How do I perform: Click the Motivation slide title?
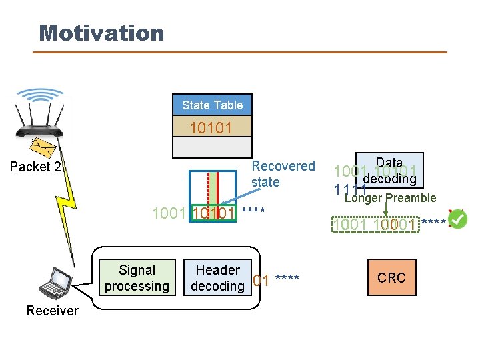click(101, 33)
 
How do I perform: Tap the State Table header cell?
click(212, 105)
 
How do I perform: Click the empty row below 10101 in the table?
click(212, 147)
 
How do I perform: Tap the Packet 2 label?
click(35, 167)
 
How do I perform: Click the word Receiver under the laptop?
click(52, 311)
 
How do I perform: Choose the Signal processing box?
click(137, 278)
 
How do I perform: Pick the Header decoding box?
click(217, 278)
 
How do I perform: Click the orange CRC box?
click(391, 278)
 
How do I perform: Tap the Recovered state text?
click(283, 174)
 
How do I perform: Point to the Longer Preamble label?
click(389, 198)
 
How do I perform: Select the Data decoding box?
click(389, 171)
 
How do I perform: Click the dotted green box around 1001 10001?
click(377, 225)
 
